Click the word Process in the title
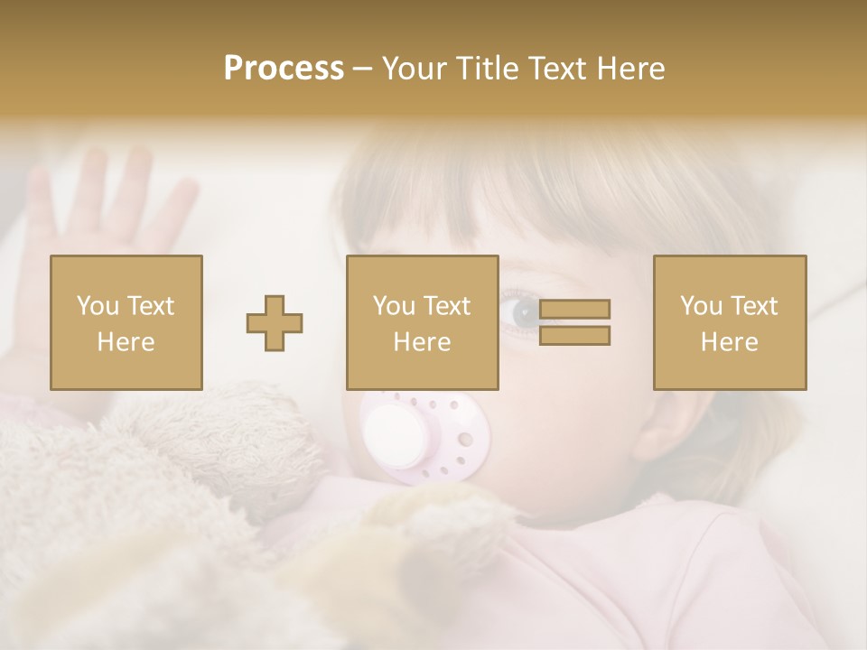click(x=284, y=69)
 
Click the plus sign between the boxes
click(x=275, y=323)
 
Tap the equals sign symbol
click(x=574, y=322)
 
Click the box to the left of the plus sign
click(x=126, y=322)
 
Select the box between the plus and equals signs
click(x=423, y=322)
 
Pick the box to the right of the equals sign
click(x=730, y=322)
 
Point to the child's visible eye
click(x=524, y=312)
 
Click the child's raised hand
click(x=108, y=208)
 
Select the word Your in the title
click(x=415, y=69)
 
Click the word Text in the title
click(x=556, y=69)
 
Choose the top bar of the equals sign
click(x=574, y=310)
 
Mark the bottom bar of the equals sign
click(x=574, y=336)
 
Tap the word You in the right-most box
click(x=701, y=306)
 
